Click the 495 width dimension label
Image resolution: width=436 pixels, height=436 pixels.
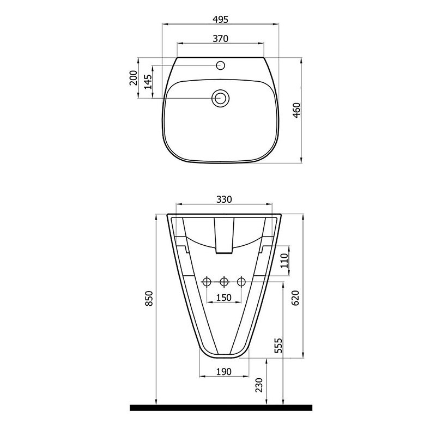click(x=221, y=20)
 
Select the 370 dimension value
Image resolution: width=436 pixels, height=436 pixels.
click(x=221, y=38)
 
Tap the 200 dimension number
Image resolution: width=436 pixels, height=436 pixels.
click(x=134, y=78)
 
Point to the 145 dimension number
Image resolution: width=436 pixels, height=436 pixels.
click(x=148, y=82)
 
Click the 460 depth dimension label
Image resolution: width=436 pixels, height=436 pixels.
click(x=296, y=110)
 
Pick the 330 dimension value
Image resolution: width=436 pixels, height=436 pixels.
click(x=224, y=199)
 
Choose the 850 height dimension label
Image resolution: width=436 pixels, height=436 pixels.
click(x=149, y=298)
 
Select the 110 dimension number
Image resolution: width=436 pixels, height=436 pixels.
click(x=284, y=261)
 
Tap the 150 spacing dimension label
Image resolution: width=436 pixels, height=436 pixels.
click(x=224, y=298)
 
